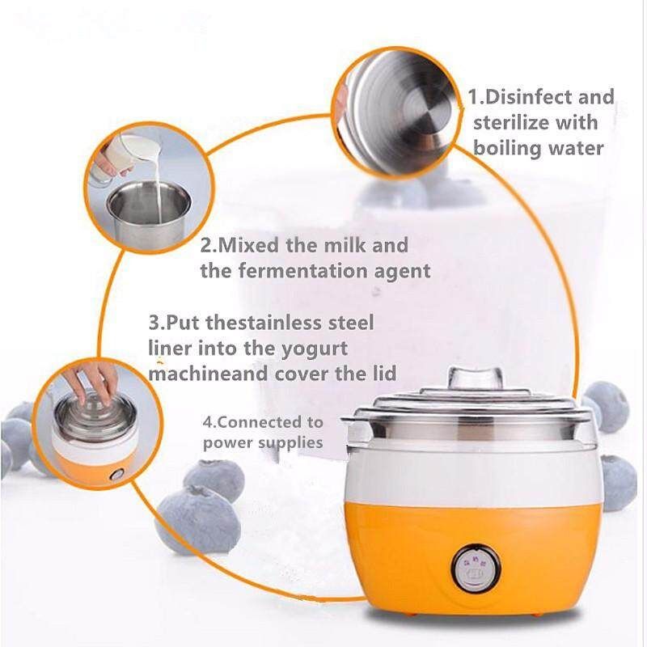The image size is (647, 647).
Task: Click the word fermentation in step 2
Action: click(x=303, y=271)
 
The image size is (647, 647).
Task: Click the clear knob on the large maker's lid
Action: click(x=476, y=378)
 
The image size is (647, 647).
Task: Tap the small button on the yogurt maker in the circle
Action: click(x=116, y=475)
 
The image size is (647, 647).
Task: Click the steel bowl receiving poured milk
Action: click(x=149, y=214)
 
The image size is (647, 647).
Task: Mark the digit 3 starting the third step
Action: click(x=154, y=323)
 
